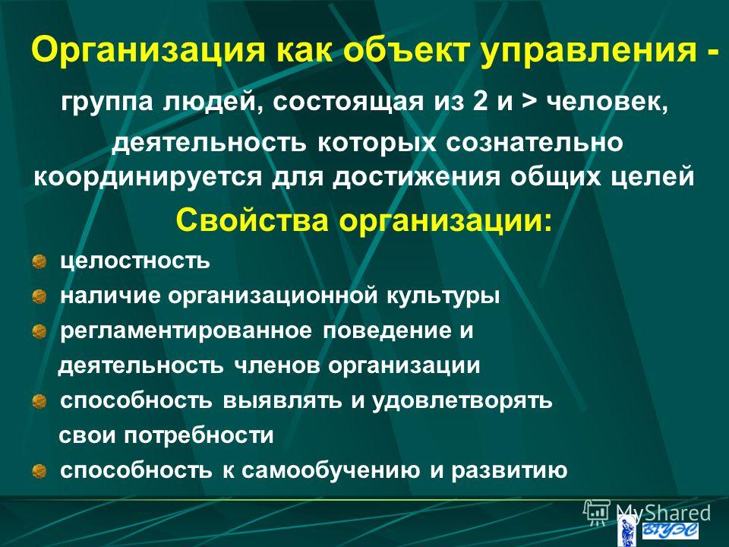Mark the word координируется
[x=148, y=178]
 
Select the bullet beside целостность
[x=39, y=261]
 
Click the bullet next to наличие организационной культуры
[x=39, y=296]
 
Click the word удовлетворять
[x=462, y=401]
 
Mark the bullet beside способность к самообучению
[x=39, y=471]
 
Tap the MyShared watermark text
[x=663, y=514]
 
